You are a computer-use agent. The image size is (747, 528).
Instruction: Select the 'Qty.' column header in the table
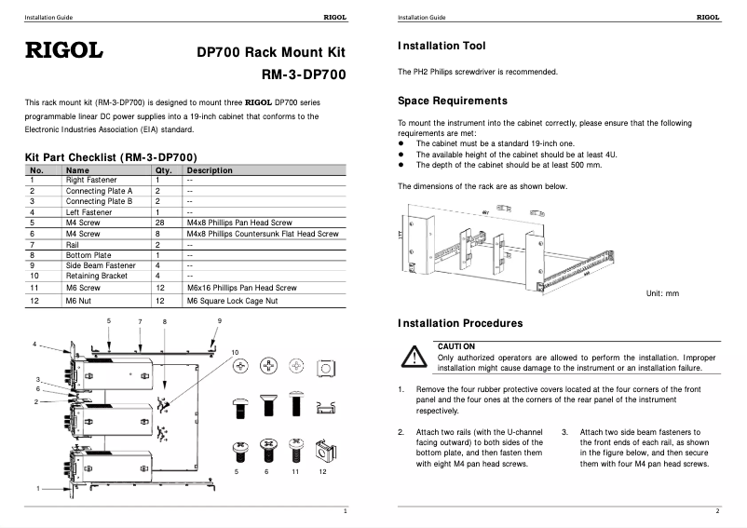pos(163,170)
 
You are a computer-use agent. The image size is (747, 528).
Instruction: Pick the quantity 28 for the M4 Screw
pos(160,223)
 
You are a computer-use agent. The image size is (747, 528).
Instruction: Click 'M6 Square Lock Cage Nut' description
pos(232,302)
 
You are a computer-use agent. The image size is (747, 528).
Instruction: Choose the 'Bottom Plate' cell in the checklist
pos(88,254)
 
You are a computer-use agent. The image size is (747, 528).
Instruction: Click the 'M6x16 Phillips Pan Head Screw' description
pos(241,289)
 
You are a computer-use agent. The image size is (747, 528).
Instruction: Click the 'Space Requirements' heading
pos(452,101)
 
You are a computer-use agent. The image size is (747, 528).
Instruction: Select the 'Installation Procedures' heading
pos(459,323)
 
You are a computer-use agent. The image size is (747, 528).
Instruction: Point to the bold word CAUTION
pos(456,346)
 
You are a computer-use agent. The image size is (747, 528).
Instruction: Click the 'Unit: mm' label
pos(662,293)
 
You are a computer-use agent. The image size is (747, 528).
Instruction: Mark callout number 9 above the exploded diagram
pos(220,321)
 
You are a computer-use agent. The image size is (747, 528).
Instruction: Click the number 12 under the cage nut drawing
pos(321,472)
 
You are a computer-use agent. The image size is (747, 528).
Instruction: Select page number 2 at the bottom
pos(717,511)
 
